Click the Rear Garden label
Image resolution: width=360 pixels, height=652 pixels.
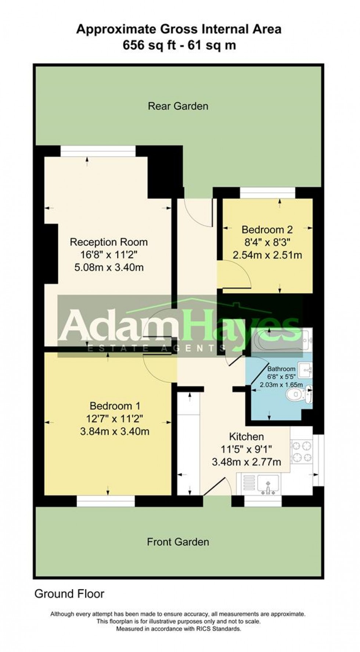178,106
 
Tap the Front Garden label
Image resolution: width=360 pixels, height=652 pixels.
178,542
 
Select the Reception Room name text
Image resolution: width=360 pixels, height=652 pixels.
109,242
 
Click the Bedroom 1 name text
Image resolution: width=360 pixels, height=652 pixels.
115,406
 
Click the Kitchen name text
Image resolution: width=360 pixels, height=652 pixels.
246,437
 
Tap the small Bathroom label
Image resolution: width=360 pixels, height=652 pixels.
281,369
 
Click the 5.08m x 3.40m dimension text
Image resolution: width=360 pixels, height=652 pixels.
109,267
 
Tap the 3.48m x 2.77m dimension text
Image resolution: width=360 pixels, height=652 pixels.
246,462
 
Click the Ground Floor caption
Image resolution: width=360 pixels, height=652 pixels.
69,594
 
